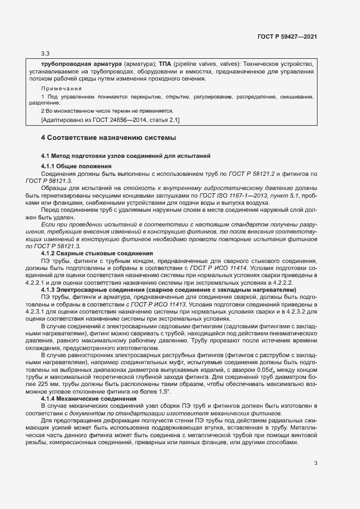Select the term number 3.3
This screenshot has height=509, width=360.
45,54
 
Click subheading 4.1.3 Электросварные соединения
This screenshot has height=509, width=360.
168,290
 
